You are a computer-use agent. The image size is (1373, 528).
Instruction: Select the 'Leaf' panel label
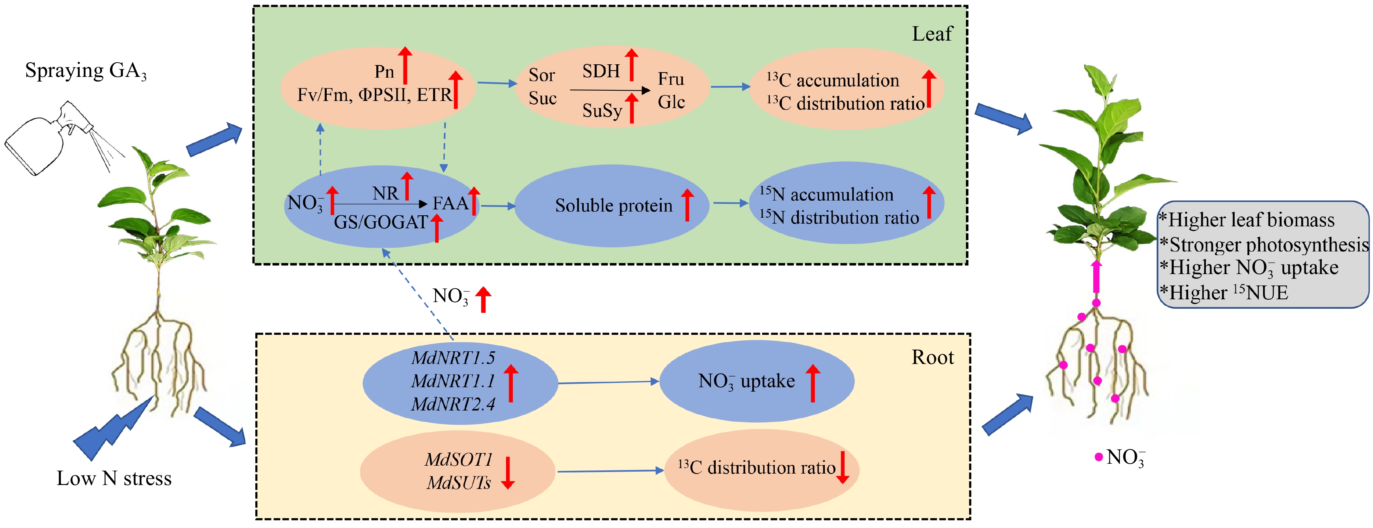[932, 34]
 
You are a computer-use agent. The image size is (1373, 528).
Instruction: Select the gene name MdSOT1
[458, 460]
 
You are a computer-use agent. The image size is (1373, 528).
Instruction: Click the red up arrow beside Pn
[405, 65]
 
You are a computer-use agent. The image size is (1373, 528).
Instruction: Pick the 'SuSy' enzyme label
[602, 111]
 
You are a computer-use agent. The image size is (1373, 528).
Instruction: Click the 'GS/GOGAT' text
[381, 222]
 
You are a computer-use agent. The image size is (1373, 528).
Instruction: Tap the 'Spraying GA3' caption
[85, 71]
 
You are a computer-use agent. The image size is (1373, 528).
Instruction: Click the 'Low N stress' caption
[114, 478]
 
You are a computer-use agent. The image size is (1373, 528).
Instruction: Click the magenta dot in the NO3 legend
[1098, 457]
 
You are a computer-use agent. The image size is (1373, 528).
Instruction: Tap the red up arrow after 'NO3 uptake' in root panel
[812, 382]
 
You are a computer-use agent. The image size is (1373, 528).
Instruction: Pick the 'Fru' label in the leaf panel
[670, 79]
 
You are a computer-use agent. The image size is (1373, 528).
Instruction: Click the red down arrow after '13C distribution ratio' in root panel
[842, 467]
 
